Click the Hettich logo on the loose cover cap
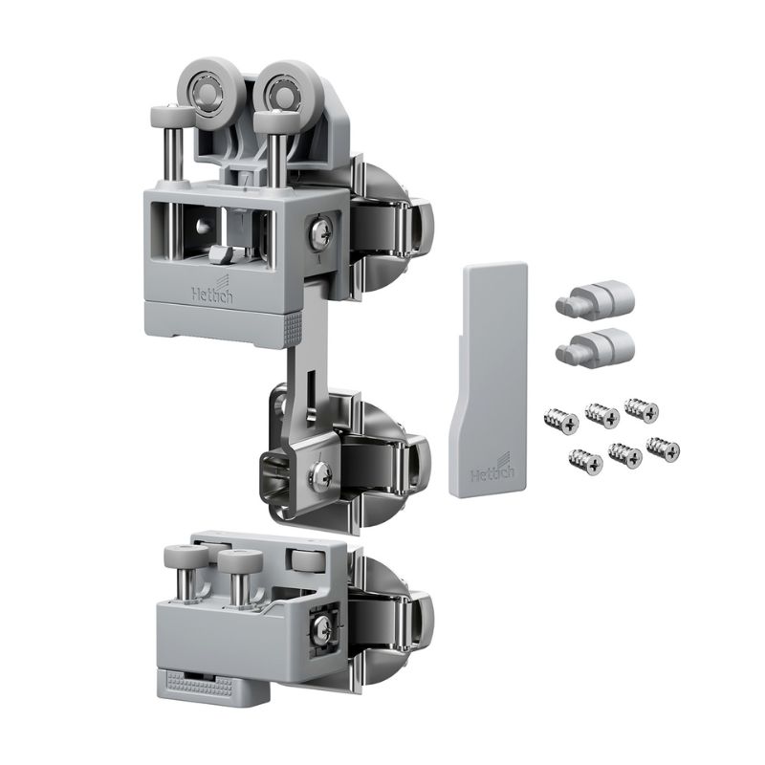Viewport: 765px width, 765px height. (x=492, y=468)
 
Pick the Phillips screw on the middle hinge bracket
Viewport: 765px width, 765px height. (x=320, y=473)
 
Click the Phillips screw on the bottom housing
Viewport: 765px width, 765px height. (x=323, y=628)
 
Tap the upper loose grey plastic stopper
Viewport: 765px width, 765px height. (x=595, y=300)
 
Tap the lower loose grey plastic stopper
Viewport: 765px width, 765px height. (x=595, y=347)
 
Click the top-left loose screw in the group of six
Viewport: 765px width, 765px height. (x=561, y=422)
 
